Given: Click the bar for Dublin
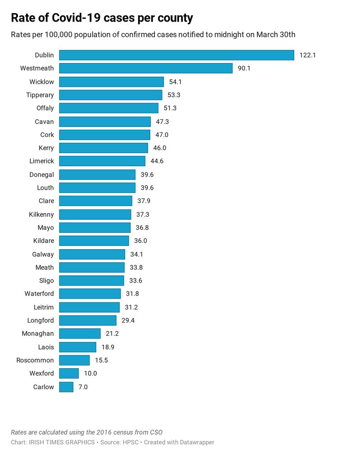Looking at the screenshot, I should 176,55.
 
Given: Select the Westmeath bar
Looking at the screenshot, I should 146,68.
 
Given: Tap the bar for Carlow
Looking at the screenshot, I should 66,387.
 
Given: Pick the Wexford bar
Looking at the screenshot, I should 69,373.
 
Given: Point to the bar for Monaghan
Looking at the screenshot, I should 80,334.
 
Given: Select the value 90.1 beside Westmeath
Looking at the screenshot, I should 244,68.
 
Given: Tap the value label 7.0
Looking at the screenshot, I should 83,387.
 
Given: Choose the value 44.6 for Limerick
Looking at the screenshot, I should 157,161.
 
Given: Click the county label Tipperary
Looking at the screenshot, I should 40,95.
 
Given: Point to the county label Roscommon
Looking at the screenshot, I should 35,360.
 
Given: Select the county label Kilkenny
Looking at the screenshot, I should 41,214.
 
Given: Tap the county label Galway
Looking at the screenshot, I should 43,255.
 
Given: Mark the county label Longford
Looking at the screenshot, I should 40,321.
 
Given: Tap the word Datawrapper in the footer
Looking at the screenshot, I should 195,442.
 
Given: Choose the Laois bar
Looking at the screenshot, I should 77,347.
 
